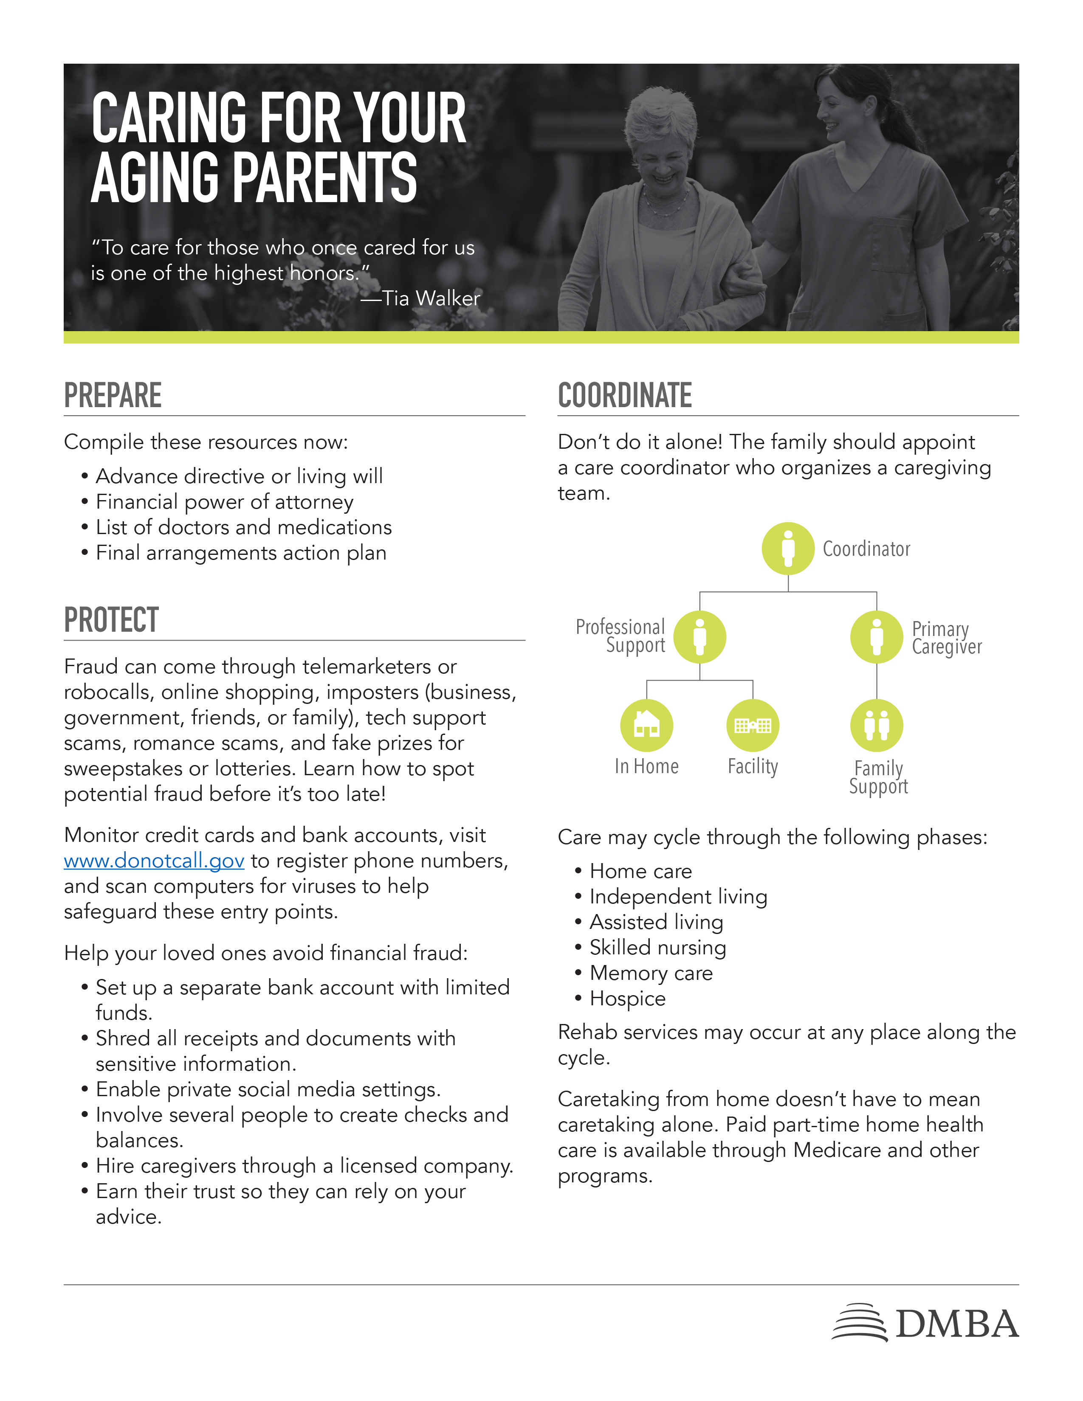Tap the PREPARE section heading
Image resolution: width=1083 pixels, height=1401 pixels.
click(113, 395)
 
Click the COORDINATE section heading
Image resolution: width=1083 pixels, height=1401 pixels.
click(624, 395)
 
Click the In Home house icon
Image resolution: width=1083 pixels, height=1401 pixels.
click(646, 725)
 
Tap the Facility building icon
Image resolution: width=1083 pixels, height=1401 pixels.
click(753, 725)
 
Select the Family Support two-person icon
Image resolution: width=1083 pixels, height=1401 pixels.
click(877, 725)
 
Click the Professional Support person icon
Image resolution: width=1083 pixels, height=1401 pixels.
click(700, 637)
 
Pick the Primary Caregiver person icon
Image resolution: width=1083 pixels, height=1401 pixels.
click(877, 637)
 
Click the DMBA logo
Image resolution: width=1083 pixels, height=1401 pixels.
click(925, 1323)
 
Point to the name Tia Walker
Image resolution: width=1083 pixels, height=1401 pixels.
click(431, 298)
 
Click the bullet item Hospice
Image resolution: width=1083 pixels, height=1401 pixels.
click(627, 999)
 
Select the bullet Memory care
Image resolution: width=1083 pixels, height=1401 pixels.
click(651, 973)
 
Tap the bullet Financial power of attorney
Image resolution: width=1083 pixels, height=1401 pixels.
click(225, 502)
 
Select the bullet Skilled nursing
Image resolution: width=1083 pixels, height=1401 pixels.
click(657, 948)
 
